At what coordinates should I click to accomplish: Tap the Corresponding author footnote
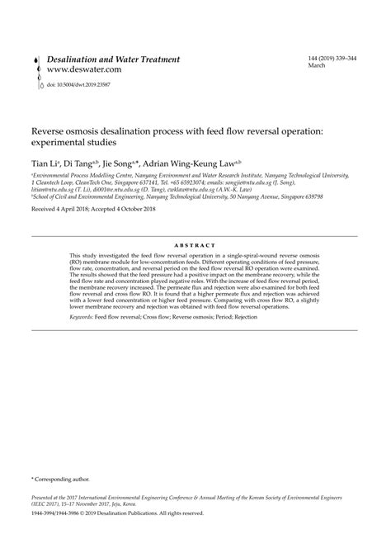(61, 479)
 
